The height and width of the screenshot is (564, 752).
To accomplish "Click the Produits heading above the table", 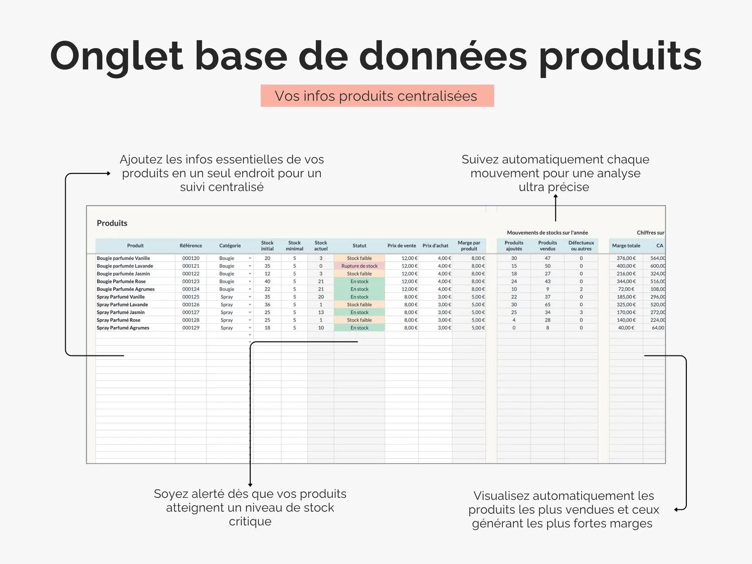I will (x=112, y=223).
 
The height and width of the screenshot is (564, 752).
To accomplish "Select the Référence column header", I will (x=191, y=246).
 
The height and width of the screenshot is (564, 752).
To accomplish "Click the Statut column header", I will (x=359, y=246).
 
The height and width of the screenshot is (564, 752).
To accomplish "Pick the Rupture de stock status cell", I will (x=359, y=266).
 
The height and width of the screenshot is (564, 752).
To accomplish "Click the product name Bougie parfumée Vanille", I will (x=123, y=258).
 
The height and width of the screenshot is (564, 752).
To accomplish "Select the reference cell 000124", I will (x=191, y=289).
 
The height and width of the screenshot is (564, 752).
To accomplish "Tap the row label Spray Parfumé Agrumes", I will (x=123, y=328).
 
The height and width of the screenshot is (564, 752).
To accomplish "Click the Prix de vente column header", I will (x=402, y=246).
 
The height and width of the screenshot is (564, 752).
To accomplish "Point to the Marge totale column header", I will (x=626, y=246).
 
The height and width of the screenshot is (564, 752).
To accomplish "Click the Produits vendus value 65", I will (x=547, y=305).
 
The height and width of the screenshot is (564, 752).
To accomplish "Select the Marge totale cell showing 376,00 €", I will (x=626, y=258).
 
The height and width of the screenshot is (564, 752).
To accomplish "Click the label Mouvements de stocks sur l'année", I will (x=547, y=233).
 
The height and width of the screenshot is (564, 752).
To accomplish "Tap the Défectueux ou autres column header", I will (x=581, y=246).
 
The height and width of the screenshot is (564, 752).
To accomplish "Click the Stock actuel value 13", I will (x=321, y=312).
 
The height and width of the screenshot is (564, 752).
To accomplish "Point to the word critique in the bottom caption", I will (x=250, y=521).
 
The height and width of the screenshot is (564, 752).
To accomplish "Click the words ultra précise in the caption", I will (x=554, y=187).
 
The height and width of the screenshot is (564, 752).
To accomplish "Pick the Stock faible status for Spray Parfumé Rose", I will (x=359, y=320).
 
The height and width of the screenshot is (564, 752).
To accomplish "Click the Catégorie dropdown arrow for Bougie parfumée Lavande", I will (x=250, y=266).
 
